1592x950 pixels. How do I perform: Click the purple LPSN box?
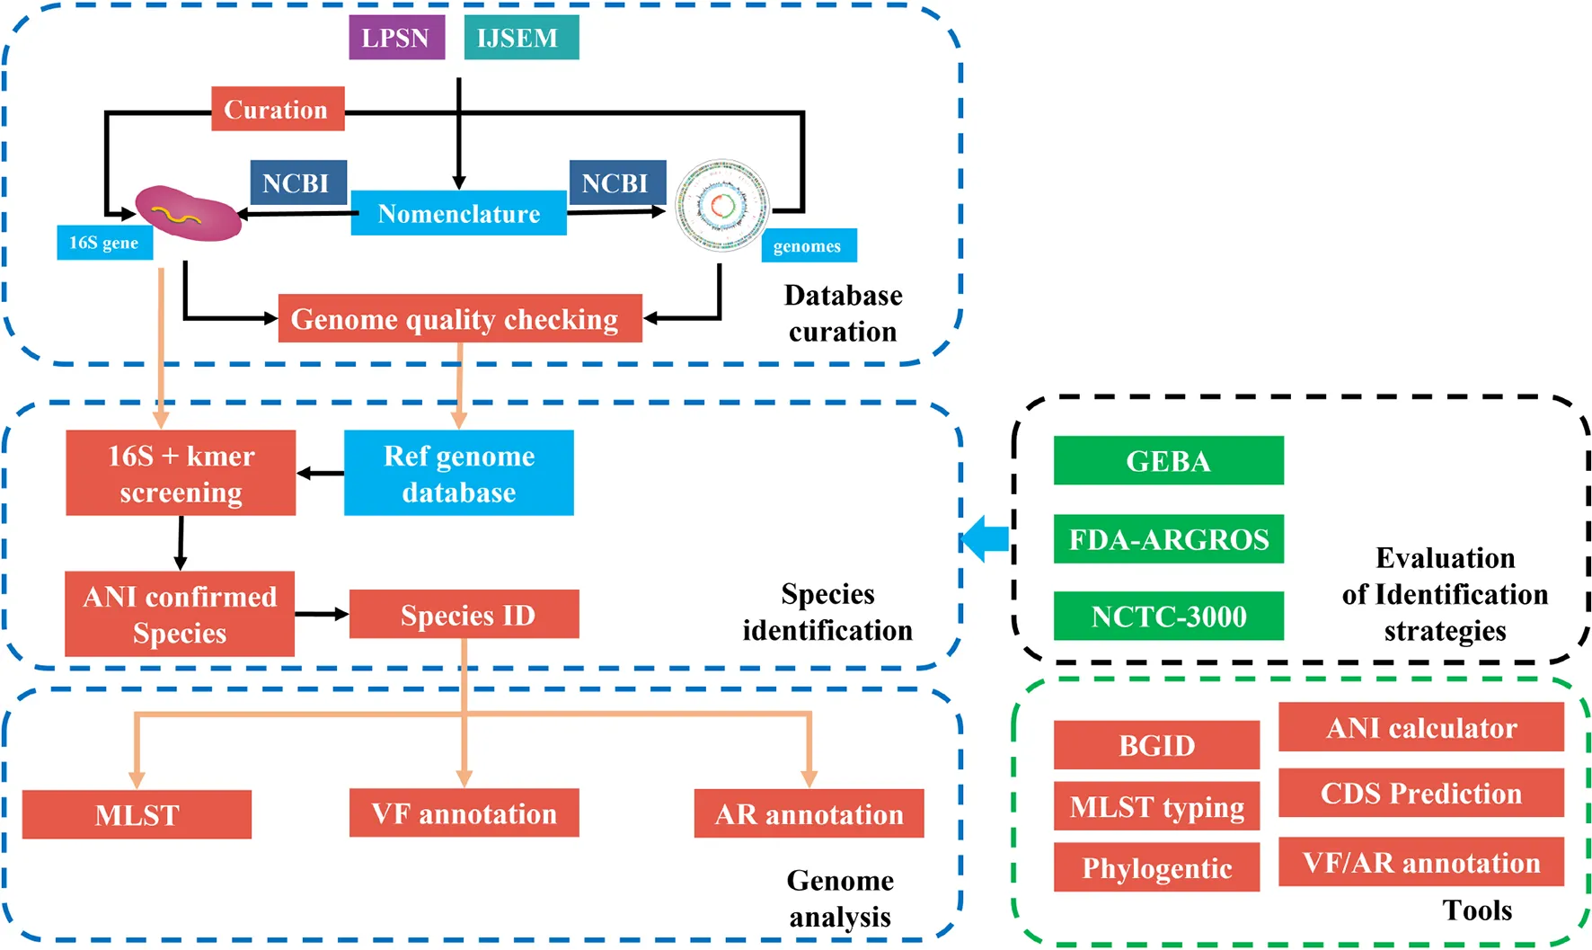pos(396,38)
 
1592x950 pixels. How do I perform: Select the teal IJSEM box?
pos(521,38)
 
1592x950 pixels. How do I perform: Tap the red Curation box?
pos(278,109)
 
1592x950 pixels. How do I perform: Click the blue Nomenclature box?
pos(458,213)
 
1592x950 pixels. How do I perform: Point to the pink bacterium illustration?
pos(189,213)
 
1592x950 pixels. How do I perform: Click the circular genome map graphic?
pos(722,206)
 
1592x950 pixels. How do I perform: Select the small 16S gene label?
pos(104,243)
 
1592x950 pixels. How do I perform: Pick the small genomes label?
pos(809,245)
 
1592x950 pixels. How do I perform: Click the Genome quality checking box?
pos(459,318)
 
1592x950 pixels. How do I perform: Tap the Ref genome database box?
pos(458,473)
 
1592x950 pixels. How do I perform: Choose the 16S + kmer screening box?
pos(181,473)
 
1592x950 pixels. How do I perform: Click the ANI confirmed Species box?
pos(180,614)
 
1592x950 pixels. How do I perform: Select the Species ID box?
pos(464,615)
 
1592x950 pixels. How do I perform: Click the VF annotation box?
pos(464,813)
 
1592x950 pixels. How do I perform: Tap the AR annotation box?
pos(809,813)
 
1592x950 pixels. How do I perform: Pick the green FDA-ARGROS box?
pos(1168,538)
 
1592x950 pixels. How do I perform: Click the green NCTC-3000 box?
pos(1168,616)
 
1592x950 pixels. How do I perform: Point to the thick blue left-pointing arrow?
pos(986,538)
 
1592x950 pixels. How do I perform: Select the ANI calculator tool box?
pos(1420,727)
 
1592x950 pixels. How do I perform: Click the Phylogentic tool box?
pos(1156,867)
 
